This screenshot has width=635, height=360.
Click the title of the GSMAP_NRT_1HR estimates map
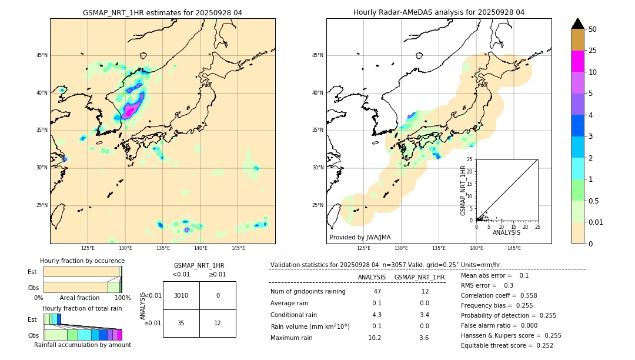[x=162, y=12]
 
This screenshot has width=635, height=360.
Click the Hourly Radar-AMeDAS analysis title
[x=439, y=12]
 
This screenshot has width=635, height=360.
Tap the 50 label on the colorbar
[x=593, y=29]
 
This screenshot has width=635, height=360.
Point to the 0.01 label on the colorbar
[x=596, y=222]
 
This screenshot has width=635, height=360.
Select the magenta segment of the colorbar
[x=578, y=61]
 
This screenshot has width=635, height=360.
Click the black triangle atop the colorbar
[x=578, y=24]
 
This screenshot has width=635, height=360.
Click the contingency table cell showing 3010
[x=181, y=295]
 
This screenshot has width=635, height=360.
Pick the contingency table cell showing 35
[x=181, y=323]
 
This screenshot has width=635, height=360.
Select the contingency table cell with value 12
[x=218, y=323]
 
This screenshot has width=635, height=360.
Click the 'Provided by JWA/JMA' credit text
[x=360, y=237]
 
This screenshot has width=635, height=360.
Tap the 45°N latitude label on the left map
[x=42, y=55]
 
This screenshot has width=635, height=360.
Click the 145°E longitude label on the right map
[x=514, y=248]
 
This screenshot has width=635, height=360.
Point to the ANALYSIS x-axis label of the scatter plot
[x=506, y=232]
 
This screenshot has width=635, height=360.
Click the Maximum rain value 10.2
[x=375, y=338]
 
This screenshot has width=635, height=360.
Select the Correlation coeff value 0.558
[x=524, y=295]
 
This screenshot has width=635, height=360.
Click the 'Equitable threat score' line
[x=507, y=345]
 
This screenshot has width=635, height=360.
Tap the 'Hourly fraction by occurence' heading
[x=82, y=261]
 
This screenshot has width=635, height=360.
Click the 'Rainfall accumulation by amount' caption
[x=82, y=345]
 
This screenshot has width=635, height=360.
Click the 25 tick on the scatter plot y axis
[x=470, y=159]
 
